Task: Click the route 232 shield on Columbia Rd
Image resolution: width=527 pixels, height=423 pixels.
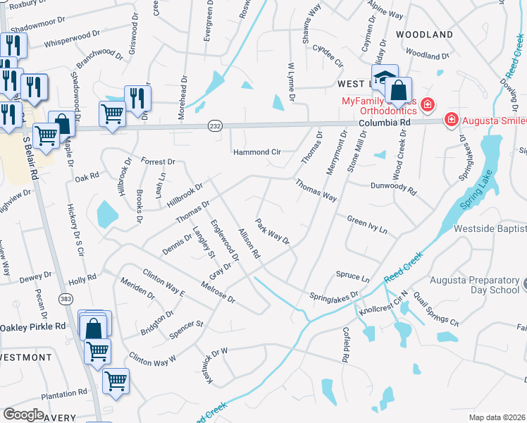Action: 214,125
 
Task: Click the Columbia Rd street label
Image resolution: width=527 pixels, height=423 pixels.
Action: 383,122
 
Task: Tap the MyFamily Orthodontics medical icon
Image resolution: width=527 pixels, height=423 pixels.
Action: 427,106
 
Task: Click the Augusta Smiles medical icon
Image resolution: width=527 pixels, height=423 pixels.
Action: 451,121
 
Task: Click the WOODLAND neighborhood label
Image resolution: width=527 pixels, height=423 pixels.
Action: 424,34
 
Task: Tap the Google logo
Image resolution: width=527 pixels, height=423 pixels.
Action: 23,414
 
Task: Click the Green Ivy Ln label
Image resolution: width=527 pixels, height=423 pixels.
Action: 367,225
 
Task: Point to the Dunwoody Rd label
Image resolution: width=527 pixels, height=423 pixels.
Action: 394,188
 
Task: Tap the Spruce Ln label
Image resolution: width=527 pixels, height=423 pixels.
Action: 353,278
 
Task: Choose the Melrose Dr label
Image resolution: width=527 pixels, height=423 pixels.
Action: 217,292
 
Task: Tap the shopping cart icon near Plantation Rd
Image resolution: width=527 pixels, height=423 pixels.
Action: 116,381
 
